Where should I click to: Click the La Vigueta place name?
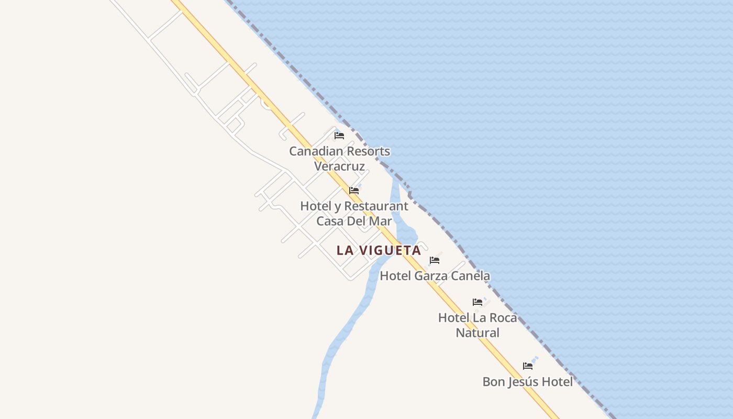[x=379, y=250]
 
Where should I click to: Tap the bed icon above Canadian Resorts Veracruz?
[x=339, y=136]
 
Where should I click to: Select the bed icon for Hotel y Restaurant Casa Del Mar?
[x=354, y=191]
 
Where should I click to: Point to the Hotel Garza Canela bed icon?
[x=435, y=260]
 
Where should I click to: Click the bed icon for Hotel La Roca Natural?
[x=477, y=302]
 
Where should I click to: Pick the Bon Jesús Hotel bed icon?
[x=528, y=366]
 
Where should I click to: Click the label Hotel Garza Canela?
[x=435, y=276]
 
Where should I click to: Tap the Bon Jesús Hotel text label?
[x=527, y=382]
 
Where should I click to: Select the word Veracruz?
[x=339, y=167]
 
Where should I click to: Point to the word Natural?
[x=477, y=333]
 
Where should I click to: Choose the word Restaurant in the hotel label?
[x=375, y=206]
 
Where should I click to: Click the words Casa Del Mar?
[x=354, y=222]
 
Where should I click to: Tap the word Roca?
[x=503, y=318]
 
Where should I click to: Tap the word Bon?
[x=493, y=382]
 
